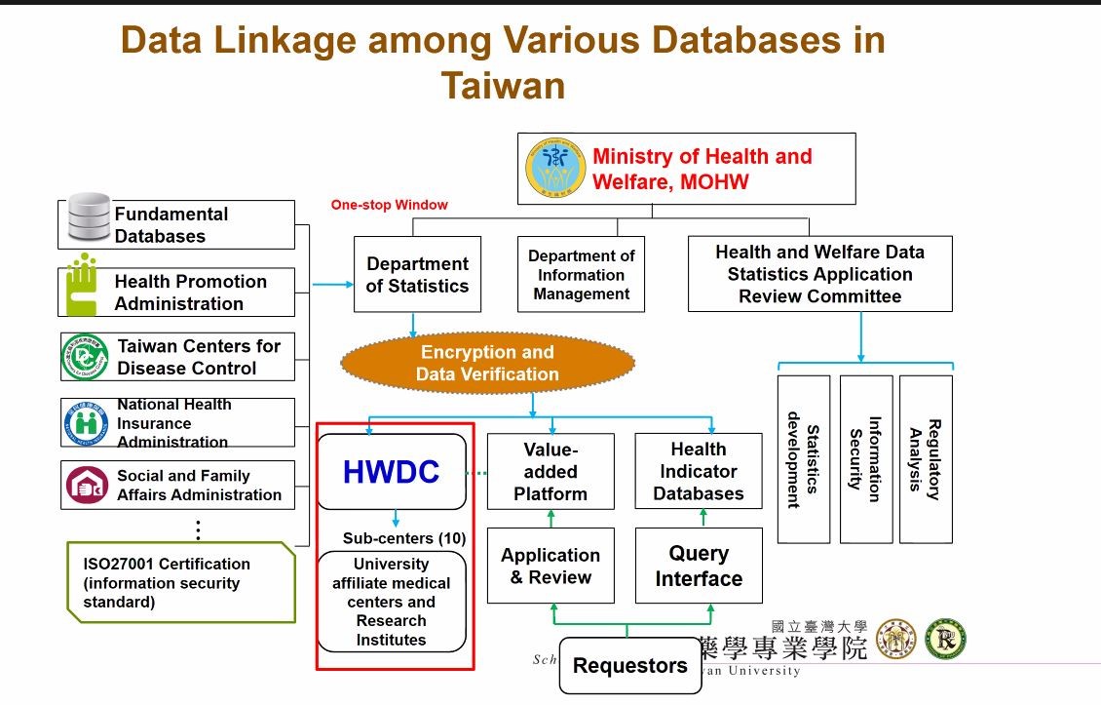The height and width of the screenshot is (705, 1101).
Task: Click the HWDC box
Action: coord(391,472)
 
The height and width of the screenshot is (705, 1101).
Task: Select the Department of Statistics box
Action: coord(417,275)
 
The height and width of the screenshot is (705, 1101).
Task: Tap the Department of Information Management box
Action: coord(581,275)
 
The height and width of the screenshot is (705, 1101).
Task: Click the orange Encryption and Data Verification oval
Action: coord(487,363)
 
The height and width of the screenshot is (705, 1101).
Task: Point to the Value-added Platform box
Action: coord(550,472)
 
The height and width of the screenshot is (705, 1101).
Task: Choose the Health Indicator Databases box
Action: coord(698,472)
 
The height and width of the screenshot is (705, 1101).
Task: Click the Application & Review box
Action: coord(550,566)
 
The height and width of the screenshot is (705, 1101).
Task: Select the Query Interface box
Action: coord(698,566)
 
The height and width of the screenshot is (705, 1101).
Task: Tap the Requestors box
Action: coord(629,666)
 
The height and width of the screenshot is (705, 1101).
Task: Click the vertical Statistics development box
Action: coord(804,459)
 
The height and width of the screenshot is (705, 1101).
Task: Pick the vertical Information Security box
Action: coord(865,459)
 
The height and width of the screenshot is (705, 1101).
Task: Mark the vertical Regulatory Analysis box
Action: coord(926,459)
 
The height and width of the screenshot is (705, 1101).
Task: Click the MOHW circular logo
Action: coord(555,168)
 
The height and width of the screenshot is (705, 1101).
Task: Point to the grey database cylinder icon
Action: coord(89,220)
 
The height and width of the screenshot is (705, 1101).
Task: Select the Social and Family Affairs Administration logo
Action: coord(87,486)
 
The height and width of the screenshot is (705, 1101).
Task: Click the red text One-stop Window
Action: coord(389,205)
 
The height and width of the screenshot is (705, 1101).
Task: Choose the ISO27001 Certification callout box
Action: coord(180,582)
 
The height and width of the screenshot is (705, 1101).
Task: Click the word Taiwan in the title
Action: coord(503,86)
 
